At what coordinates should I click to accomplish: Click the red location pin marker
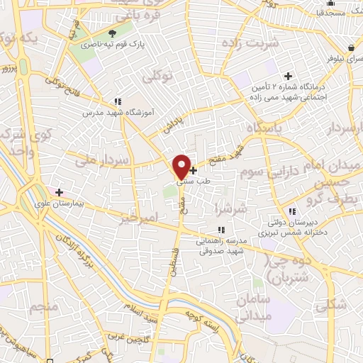point(181,166)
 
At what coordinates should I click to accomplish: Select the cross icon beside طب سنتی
point(194,170)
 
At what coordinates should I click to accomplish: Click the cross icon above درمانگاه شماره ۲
point(288,76)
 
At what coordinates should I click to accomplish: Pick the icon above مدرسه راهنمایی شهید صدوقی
point(221,229)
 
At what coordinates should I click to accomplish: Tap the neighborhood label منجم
point(44,307)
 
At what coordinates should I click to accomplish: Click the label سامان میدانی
point(252,307)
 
